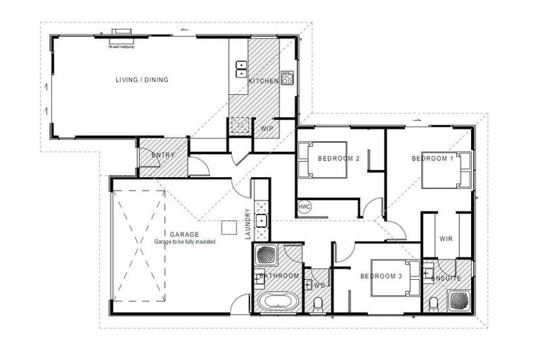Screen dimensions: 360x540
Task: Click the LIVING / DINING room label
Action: tap(142, 79)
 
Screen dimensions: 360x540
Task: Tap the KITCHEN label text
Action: tap(264, 82)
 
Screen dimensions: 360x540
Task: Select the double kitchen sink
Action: tap(240, 68)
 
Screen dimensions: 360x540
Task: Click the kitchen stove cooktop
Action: tap(287, 77)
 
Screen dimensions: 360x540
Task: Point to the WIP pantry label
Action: tap(266, 129)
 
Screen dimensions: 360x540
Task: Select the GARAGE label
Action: tap(184, 234)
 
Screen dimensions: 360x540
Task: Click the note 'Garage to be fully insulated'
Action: tap(185, 242)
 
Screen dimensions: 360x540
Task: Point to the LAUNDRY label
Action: tap(247, 225)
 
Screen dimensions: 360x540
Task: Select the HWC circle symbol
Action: tap(304, 207)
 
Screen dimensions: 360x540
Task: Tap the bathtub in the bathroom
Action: tap(276, 302)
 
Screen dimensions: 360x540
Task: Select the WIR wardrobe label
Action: tap(446, 238)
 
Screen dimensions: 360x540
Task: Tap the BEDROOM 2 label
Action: tap(338, 159)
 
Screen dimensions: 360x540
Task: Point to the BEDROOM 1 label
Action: tap(432, 159)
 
